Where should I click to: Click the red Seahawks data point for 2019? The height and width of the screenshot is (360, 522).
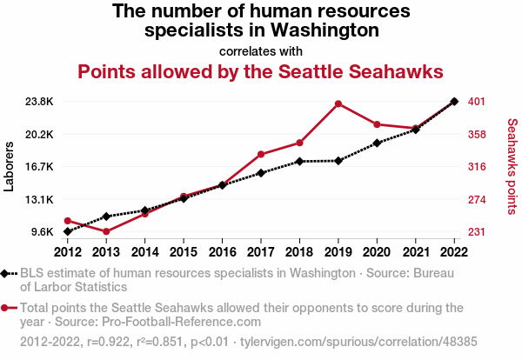[x=338, y=103]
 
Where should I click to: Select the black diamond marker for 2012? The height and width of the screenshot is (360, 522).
[x=67, y=232]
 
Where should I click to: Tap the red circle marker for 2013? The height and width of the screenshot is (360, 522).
[x=106, y=231]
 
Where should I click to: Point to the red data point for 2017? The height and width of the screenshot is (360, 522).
[x=261, y=154]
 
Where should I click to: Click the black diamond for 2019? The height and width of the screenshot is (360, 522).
[x=338, y=161]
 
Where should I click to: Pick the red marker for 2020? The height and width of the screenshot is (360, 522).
[x=377, y=124]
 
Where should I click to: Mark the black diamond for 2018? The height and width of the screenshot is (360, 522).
[x=299, y=162]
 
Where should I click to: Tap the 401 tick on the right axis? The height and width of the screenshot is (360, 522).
[x=476, y=102]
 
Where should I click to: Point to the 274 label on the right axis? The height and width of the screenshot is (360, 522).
[x=476, y=199]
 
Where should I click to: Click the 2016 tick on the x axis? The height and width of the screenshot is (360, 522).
[x=222, y=252]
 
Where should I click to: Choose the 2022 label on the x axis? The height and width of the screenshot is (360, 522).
[x=454, y=252]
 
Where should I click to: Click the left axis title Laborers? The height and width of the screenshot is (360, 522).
[x=10, y=167]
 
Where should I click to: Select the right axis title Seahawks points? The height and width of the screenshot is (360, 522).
[x=512, y=167]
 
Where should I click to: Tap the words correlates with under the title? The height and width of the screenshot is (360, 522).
[x=261, y=50]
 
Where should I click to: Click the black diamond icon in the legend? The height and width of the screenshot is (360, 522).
[x=7, y=274]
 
